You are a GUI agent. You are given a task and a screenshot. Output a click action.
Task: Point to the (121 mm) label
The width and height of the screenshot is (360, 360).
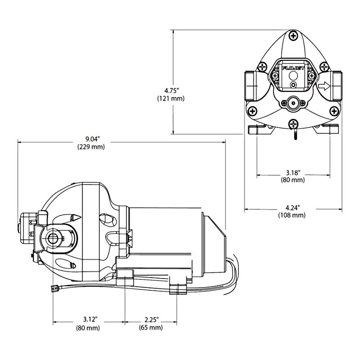[171, 98]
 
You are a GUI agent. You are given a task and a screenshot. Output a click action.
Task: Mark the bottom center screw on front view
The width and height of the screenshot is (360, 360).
[293, 123]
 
